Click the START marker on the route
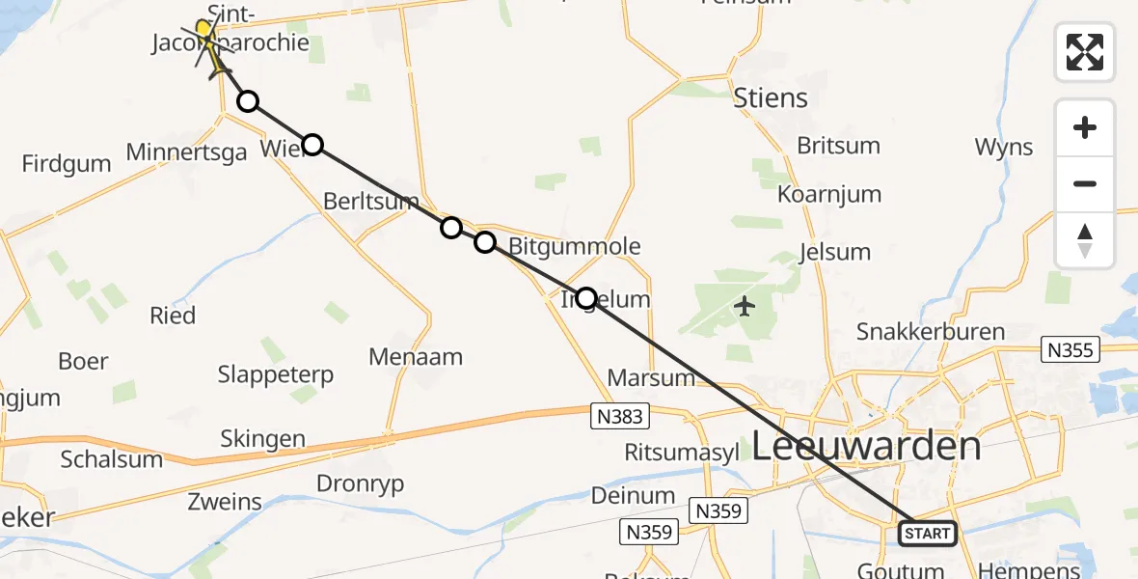point(927,533)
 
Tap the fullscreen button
point(1085,51)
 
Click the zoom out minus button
point(1085,183)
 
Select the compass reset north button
point(1085,240)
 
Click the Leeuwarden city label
point(866,446)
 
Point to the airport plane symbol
point(745,307)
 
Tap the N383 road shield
point(620,416)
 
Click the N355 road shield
point(1071,348)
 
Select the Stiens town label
point(771,97)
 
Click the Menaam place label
point(416,357)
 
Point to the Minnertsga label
point(187,152)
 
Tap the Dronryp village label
point(361,483)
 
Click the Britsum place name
point(838,146)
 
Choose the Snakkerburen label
point(931,332)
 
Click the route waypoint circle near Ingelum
point(585,297)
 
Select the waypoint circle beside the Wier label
point(312,145)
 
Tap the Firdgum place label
point(67,163)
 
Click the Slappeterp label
point(275,373)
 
